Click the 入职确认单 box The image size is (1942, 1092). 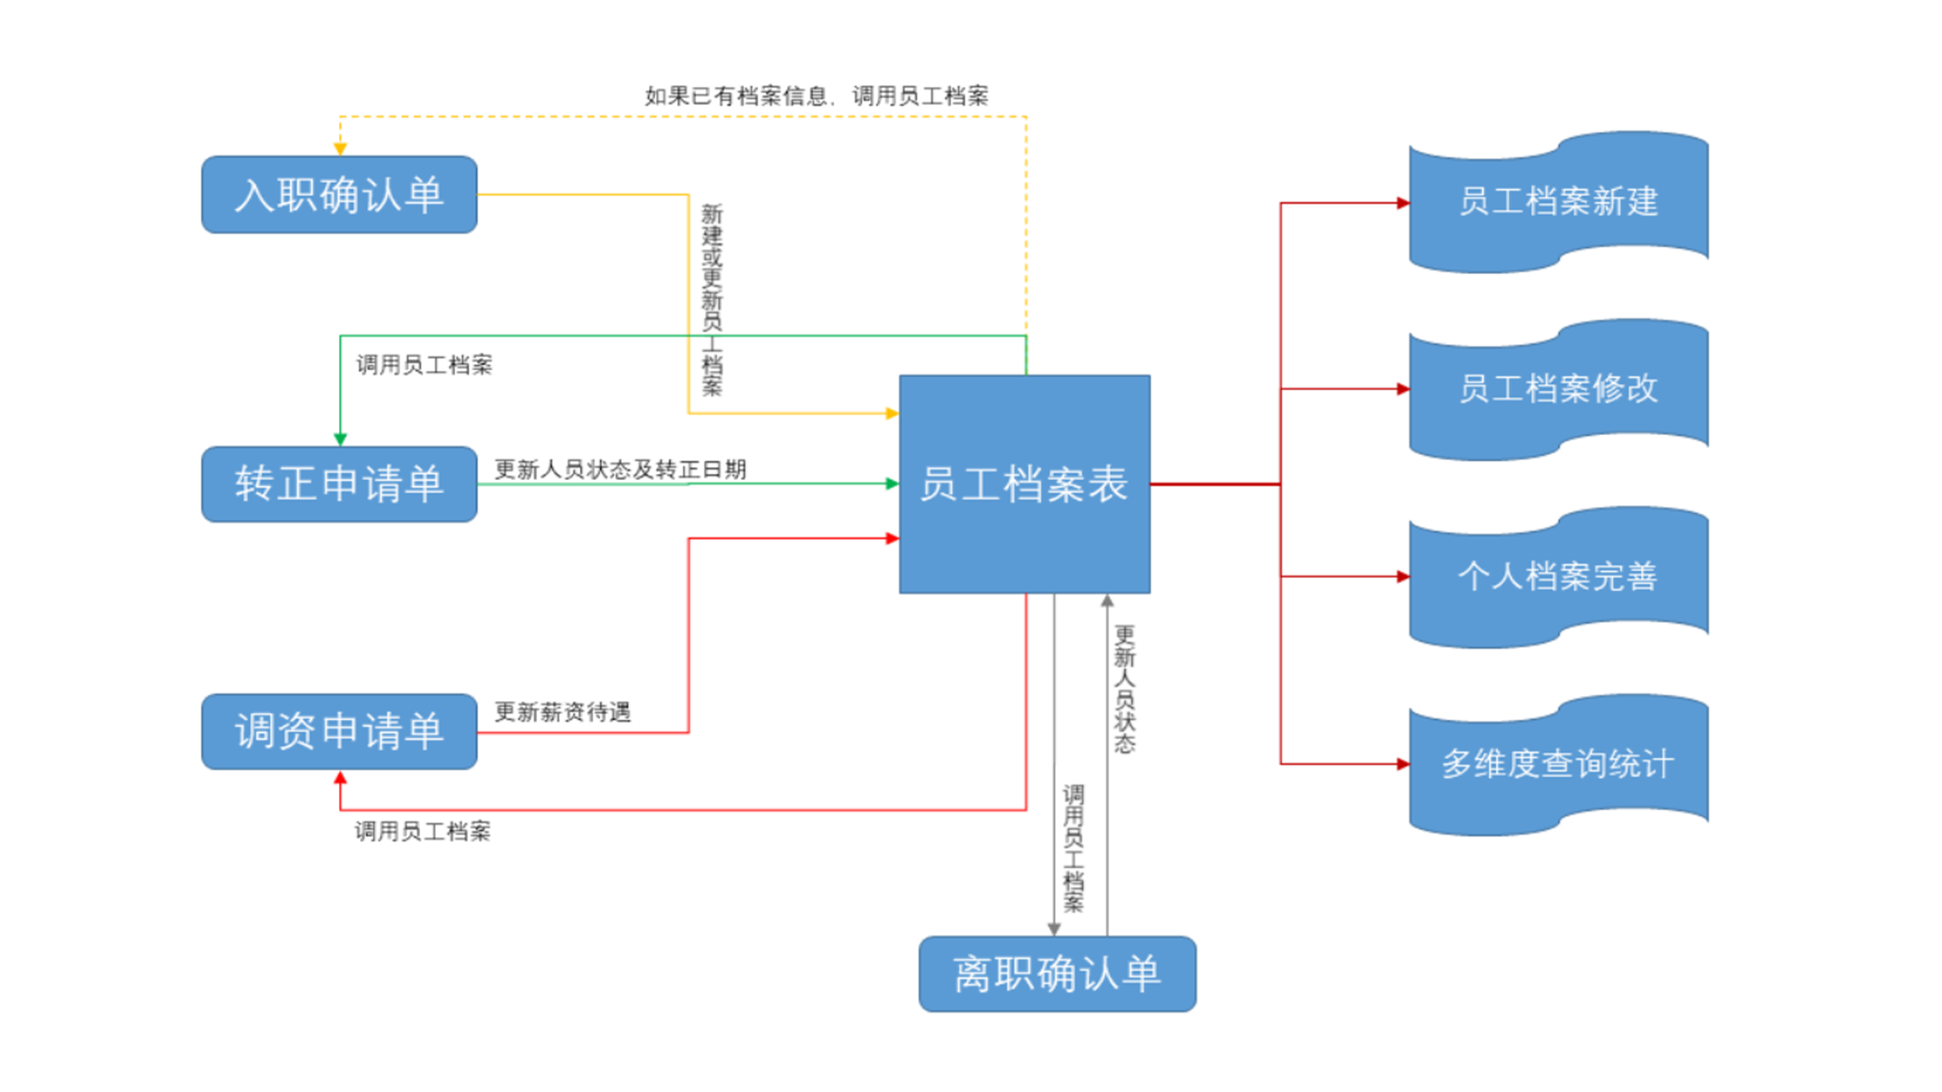pos(339,194)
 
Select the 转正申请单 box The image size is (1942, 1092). pos(339,484)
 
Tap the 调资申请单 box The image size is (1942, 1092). pos(339,731)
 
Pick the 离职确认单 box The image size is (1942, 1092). pos(1056,973)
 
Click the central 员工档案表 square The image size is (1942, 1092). pos(1023,484)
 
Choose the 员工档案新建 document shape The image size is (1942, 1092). pos(1558,202)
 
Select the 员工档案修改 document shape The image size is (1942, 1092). pos(1558,389)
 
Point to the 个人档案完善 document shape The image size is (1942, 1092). pos(1558,576)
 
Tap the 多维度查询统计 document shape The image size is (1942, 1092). pos(1558,764)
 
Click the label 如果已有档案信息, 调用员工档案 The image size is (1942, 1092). pos(816,96)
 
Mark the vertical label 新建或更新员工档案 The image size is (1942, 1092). pos(711,299)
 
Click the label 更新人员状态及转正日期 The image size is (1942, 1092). pos(620,469)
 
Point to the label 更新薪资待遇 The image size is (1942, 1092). pos(562,712)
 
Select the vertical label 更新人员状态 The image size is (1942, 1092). pos(1124,689)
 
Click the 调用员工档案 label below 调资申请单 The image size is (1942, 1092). pos(422,831)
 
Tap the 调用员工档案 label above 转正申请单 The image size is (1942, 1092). pos(424,365)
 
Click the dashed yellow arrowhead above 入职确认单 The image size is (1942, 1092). pos(340,149)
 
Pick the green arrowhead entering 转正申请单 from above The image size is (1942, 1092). pos(340,439)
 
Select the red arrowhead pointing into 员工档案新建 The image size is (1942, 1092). pos(1403,203)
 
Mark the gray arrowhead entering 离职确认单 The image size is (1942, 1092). pos(1053,929)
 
